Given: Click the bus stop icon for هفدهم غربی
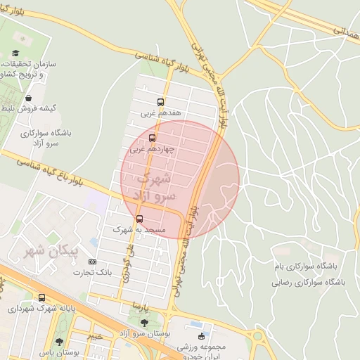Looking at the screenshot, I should tap(161, 102).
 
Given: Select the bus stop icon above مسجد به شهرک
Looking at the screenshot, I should tap(139, 219).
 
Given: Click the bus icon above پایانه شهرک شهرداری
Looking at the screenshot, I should tap(42, 298).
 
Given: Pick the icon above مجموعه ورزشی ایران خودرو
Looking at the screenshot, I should tap(203, 336).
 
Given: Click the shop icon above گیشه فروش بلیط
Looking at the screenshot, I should tap(29, 98).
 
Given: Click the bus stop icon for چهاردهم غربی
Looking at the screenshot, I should tap(153, 138).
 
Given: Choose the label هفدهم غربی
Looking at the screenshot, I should tap(161, 112).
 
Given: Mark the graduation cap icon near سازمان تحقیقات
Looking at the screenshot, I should tap(15, 53).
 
